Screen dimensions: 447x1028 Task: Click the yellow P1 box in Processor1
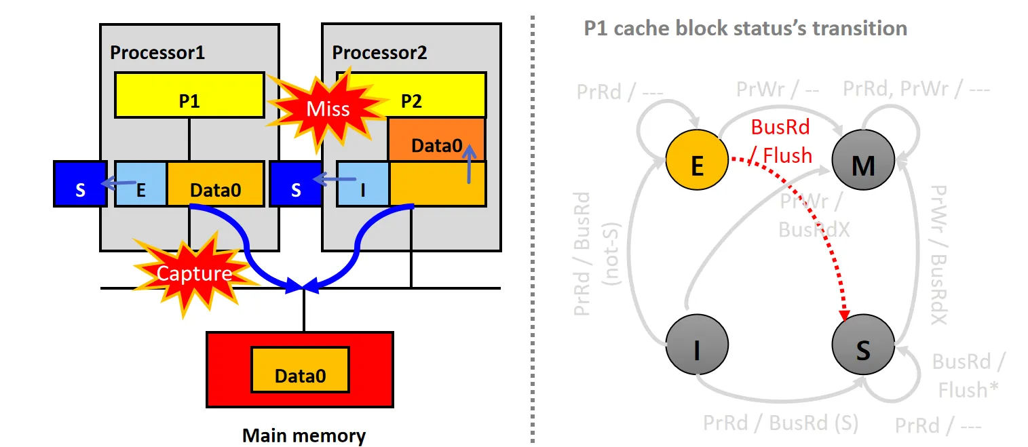[189, 95]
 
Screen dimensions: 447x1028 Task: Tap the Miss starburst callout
[328, 109]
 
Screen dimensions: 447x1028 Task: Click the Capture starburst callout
[193, 273]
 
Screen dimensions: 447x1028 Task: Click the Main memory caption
[303, 435]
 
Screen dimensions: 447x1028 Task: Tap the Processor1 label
[157, 52]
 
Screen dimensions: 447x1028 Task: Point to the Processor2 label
[379, 52]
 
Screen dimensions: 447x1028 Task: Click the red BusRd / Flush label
[780, 141]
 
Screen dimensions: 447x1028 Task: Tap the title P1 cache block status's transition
[745, 28]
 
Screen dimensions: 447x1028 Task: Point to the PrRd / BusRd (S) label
[780, 423]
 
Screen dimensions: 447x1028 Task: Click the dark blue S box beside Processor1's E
[80, 184]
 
